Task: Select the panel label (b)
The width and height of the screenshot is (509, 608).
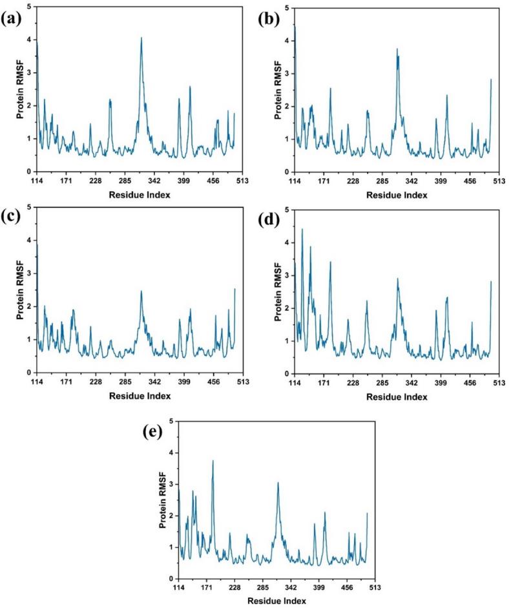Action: [267, 17]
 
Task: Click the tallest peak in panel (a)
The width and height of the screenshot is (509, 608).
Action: [141, 38]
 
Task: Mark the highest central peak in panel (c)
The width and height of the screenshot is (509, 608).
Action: [141, 291]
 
